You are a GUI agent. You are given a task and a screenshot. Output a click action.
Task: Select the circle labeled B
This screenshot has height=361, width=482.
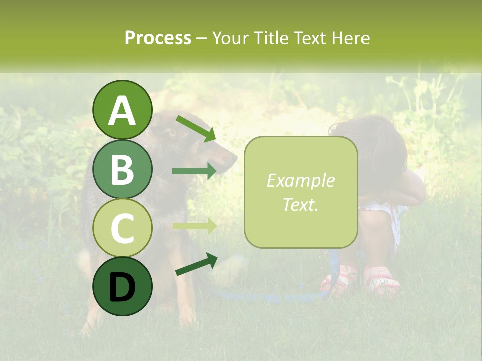coord(122,169)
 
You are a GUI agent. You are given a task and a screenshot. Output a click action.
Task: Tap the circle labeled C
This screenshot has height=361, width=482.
coord(122,228)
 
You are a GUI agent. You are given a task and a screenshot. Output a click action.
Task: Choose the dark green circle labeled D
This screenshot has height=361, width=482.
coord(122,286)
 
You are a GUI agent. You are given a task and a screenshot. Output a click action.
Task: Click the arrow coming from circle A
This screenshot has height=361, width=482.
coord(196,128)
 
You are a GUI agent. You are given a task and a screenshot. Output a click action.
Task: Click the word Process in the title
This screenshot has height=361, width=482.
coord(158,38)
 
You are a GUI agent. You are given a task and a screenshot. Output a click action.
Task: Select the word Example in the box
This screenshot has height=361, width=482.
coord(300,180)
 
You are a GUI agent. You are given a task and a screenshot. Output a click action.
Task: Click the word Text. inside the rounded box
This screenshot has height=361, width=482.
coord(300,204)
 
